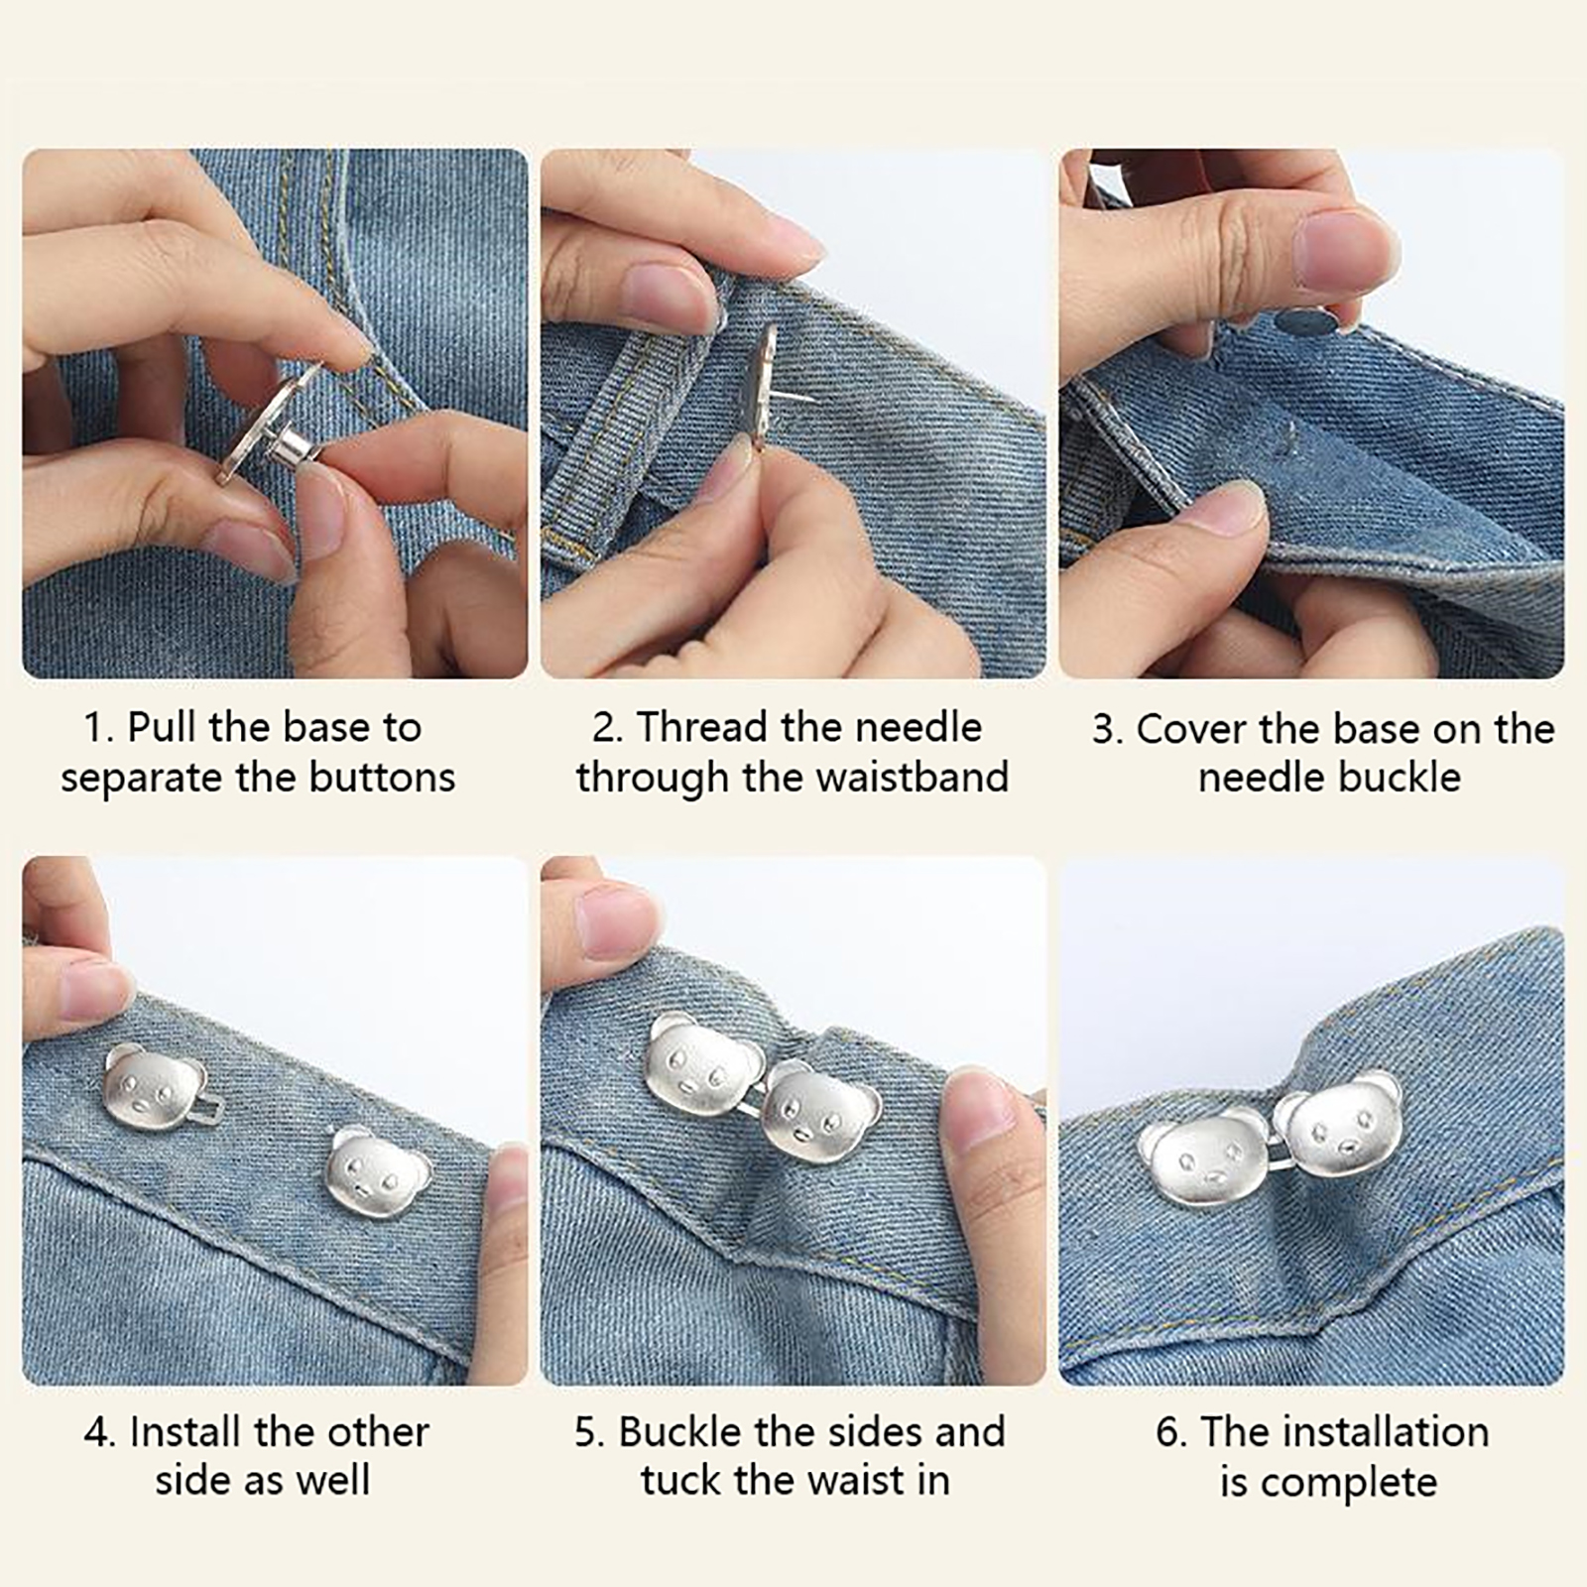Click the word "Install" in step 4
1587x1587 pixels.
click(x=186, y=1432)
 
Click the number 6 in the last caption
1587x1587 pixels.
click(x=1166, y=1432)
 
